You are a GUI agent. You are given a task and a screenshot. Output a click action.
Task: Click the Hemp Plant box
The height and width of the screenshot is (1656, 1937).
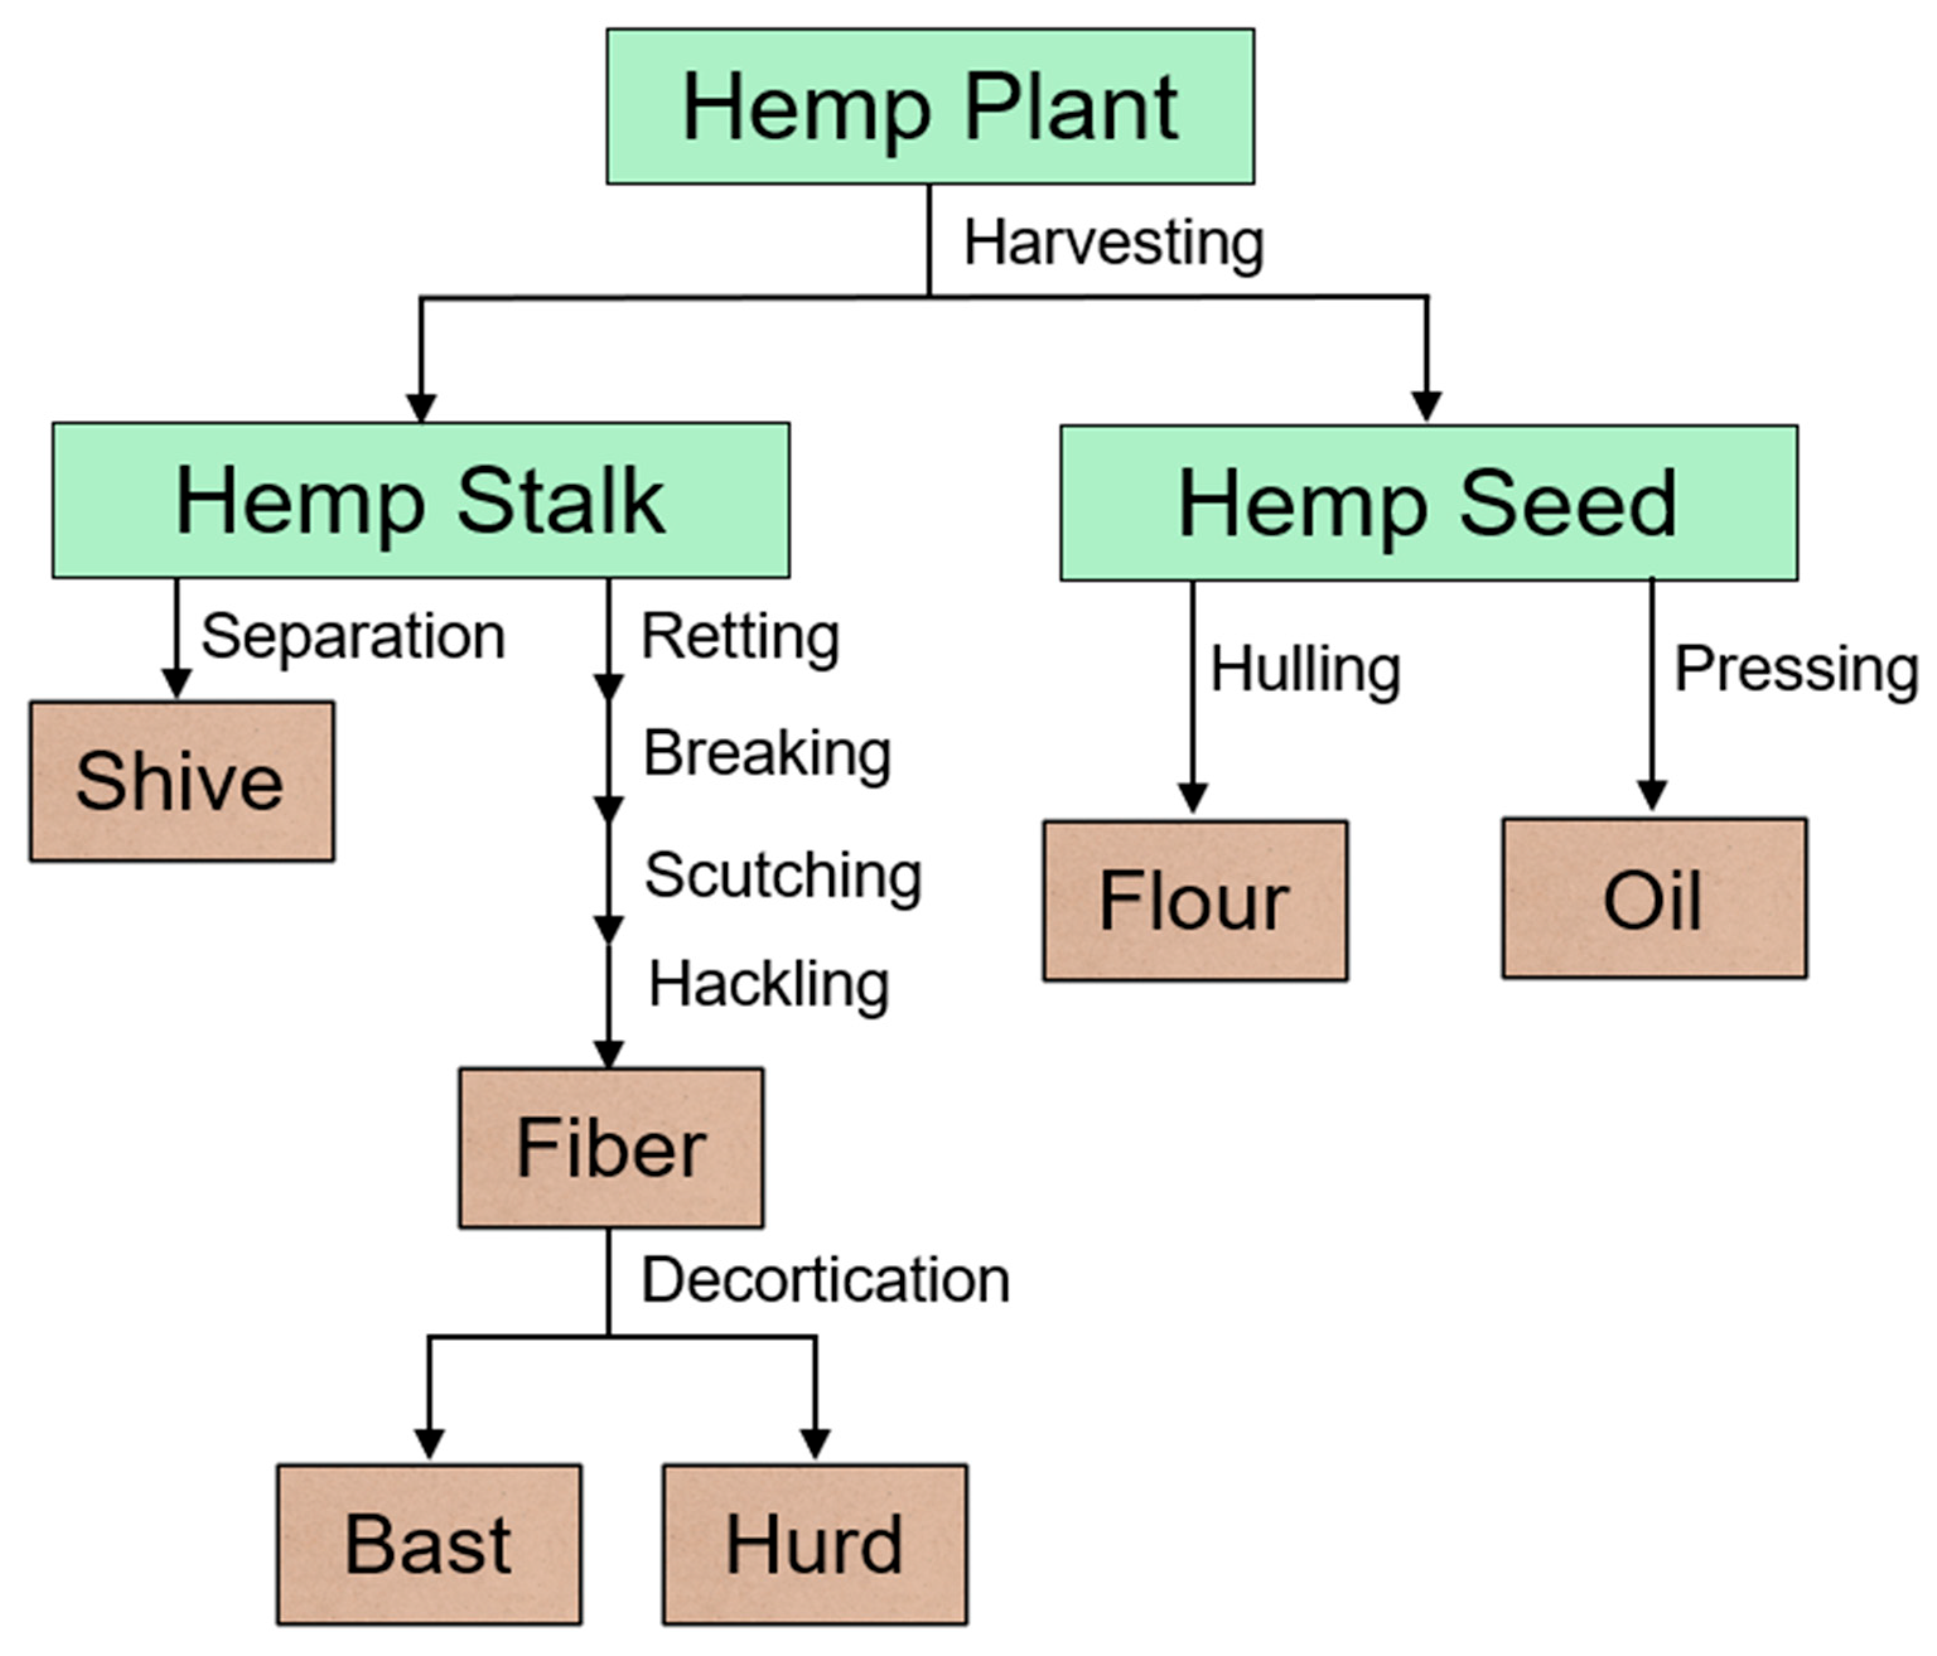click(x=930, y=107)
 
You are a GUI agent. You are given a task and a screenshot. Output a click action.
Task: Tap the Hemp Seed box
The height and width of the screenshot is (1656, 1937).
click(x=1428, y=504)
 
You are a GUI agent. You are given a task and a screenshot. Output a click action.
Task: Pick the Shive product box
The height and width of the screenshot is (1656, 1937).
click(x=182, y=781)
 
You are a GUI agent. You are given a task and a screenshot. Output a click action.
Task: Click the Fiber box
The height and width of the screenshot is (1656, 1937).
click(x=610, y=1148)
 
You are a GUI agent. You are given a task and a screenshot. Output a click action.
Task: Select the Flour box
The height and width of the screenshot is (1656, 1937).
click(x=1195, y=901)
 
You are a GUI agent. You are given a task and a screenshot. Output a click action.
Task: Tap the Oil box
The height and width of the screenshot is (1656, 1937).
click(x=1654, y=899)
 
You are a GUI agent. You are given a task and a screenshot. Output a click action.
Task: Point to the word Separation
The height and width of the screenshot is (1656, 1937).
click(x=353, y=637)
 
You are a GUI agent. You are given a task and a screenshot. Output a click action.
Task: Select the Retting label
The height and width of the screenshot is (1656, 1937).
click(x=740, y=637)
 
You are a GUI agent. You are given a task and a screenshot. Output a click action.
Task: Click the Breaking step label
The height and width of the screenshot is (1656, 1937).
click(x=767, y=753)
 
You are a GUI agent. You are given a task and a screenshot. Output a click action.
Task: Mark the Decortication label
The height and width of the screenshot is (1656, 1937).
click(x=825, y=1280)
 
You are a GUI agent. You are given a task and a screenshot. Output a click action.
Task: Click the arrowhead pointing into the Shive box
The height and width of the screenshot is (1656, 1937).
click(x=177, y=682)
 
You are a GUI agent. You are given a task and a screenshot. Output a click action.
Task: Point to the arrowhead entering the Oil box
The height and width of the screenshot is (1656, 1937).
click(x=1652, y=796)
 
